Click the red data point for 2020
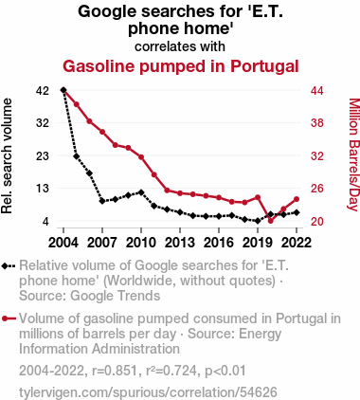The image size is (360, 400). point(271,221)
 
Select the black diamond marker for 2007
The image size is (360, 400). point(102,201)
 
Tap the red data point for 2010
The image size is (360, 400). point(141,157)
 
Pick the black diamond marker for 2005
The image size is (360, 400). point(77,156)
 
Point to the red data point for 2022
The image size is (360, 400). point(297,199)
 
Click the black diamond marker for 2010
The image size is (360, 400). point(141,192)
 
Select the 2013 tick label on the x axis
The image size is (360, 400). point(180,243)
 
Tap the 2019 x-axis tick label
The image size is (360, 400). point(258,243)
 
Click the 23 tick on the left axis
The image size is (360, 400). point(43,156)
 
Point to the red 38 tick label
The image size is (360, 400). point(317,122)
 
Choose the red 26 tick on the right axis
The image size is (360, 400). point(317,189)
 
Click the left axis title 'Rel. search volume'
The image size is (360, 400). point(7,155)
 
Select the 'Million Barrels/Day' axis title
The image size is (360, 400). point(354,155)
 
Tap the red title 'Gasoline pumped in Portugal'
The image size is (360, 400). point(181,66)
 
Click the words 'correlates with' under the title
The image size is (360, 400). point(180,46)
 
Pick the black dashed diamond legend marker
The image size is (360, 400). point(9,266)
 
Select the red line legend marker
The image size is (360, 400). point(9,318)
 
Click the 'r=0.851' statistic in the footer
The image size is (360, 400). point(115,371)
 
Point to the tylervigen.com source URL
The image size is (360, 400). point(148,392)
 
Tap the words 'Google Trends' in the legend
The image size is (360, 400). point(115,296)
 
